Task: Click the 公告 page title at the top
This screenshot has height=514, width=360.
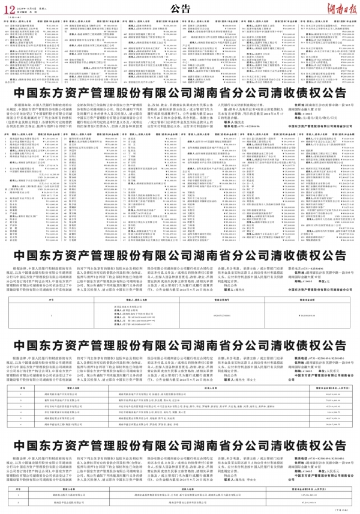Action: pos(180,8)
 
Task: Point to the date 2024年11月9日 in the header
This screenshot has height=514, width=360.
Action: pos(32,7)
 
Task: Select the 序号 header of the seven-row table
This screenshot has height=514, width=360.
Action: pos(23,388)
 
